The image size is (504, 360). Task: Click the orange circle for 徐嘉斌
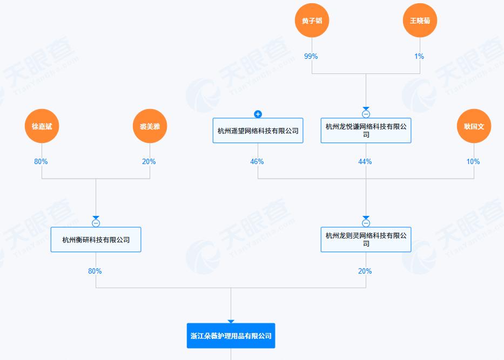click(42, 126)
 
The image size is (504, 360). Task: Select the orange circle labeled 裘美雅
click(150, 126)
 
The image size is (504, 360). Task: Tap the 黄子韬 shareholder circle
click(312, 21)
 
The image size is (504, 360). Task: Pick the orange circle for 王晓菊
click(420, 21)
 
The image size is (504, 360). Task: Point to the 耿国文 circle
click(474, 126)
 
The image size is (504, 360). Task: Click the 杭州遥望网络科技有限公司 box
click(258, 131)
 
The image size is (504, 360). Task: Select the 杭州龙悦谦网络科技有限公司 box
click(366, 131)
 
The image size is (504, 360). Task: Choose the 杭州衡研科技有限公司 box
click(96, 240)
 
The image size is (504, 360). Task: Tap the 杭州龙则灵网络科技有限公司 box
click(366, 240)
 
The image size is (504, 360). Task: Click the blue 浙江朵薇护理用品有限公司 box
click(231, 336)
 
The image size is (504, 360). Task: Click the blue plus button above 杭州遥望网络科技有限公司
click(258, 114)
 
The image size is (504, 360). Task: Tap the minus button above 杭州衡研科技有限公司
click(96, 223)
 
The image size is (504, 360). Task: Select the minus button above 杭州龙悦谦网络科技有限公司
click(366, 114)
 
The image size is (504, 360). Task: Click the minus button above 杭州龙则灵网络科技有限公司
click(366, 223)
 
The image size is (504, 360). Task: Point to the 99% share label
click(311, 56)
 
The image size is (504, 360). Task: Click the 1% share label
click(419, 56)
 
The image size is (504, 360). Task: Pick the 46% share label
click(257, 161)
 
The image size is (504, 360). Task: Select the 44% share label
click(365, 161)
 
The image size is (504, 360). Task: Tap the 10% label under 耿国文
click(473, 161)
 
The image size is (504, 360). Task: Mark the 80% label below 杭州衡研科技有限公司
click(95, 271)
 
